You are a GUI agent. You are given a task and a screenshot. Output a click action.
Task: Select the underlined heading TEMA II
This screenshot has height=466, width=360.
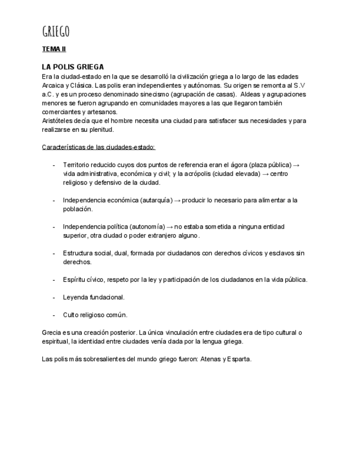54,49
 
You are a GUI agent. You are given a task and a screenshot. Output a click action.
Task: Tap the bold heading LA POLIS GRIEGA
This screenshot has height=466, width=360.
73,66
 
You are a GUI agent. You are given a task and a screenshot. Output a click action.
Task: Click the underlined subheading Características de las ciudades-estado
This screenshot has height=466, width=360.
99,147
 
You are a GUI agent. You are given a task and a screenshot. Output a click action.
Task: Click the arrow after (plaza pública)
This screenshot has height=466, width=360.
296,165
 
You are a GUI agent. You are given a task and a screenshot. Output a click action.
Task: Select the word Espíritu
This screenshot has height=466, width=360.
76,280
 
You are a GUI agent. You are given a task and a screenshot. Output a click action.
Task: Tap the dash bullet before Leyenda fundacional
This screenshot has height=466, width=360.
53,297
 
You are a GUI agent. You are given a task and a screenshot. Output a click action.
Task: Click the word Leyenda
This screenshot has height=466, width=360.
75,297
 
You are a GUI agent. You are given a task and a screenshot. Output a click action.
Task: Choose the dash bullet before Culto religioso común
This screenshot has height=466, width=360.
53,315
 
